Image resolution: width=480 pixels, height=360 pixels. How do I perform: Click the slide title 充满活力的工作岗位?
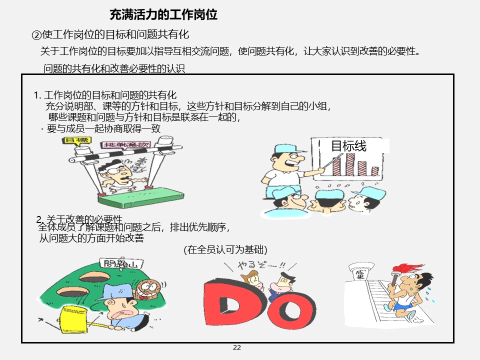(163, 14)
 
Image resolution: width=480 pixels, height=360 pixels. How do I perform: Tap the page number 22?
(237, 348)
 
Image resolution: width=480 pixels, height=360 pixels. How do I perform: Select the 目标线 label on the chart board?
(349, 146)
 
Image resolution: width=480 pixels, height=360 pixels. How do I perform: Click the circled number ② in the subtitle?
(36, 35)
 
